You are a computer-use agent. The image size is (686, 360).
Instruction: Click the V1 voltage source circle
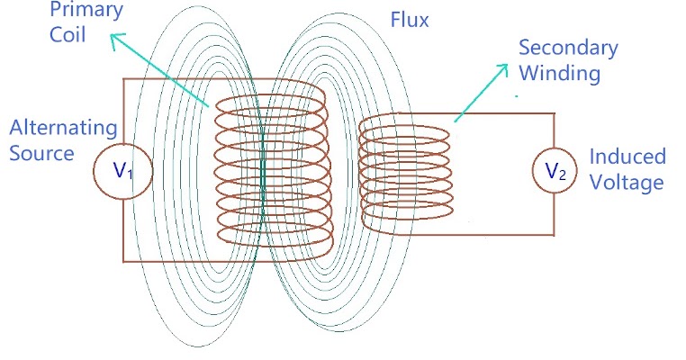click(x=122, y=170)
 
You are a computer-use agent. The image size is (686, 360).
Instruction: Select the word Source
click(x=41, y=153)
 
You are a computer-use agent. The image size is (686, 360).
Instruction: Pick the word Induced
click(x=627, y=157)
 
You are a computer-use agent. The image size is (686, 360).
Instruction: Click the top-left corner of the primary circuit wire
click(x=123, y=79)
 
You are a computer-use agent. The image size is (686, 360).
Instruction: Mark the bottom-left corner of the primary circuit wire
click(x=123, y=262)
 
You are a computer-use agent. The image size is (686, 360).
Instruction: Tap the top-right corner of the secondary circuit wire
click(x=556, y=114)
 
